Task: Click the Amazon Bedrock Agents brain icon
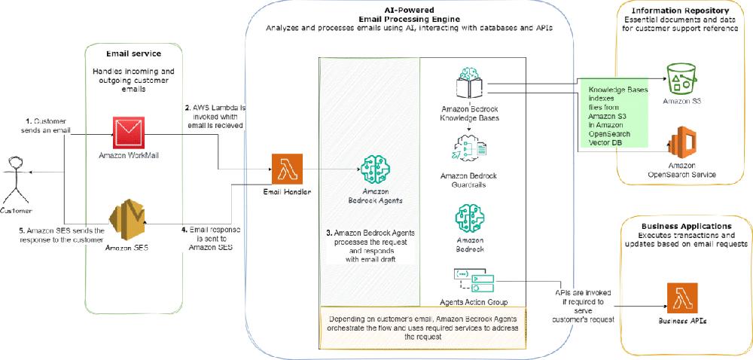click(376, 171)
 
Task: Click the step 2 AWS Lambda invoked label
click(216, 117)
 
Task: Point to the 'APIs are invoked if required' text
click(578, 301)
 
